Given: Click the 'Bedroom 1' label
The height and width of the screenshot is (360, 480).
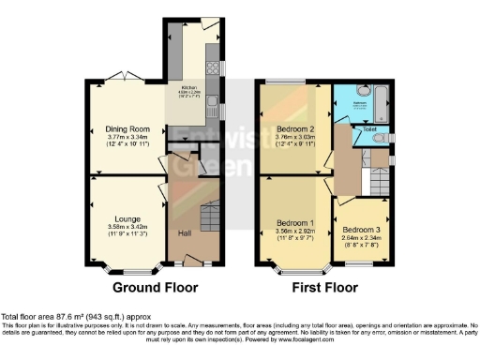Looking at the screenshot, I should [293, 222].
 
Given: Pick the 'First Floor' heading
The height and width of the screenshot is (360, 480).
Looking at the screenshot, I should [322, 288].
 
